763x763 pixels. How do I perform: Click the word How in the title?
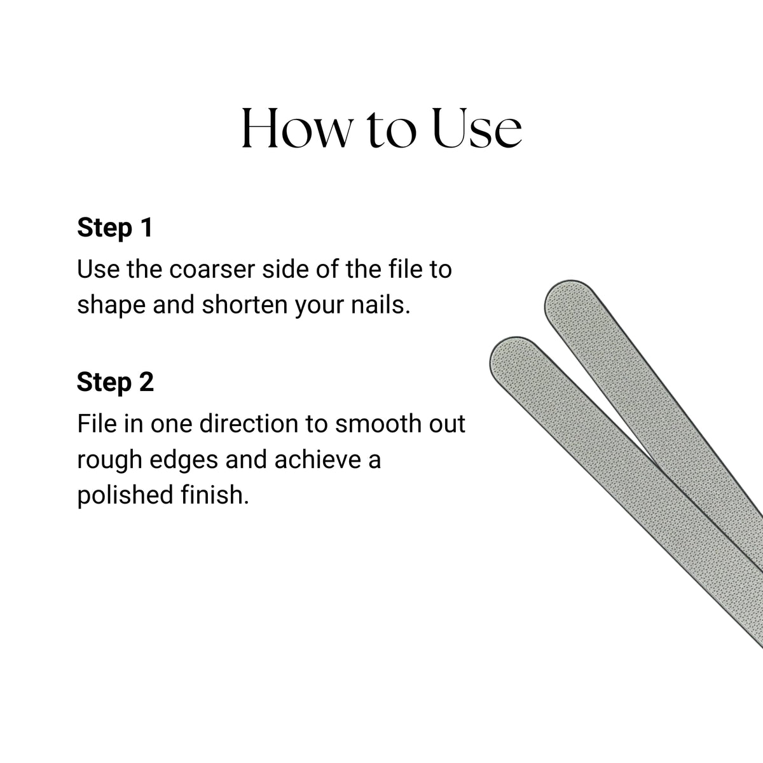pyautogui.click(x=298, y=128)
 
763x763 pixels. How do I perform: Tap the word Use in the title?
pyautogui.click(x=477, y=128)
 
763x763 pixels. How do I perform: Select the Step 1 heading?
pyautogui.click(x=115, y=228)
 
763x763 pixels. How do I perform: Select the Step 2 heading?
pyautogui.click(x=115, y=382)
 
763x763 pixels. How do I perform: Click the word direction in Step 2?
pyautogui.click(x=249, y=423)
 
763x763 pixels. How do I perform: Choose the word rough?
pyautogui.click(x=109, y=460)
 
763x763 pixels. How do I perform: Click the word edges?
pyautogui.click(x=184, y=460)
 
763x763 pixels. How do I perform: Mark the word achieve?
pyautogui.click(x=319, y=460)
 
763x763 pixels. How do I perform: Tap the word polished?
pyautogui.click(x=125, y=496)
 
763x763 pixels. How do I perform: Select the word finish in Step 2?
pyautogui.click(x=215, y=495)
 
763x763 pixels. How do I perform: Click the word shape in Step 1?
pyautogui.click(x=111, y=306)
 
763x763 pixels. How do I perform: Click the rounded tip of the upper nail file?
pyautogui.click(x=554, y=289)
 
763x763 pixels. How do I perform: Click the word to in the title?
pyautogui.click(x=392, y=131)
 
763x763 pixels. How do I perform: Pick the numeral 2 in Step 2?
pyautogui.click(x=146, y=382)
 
